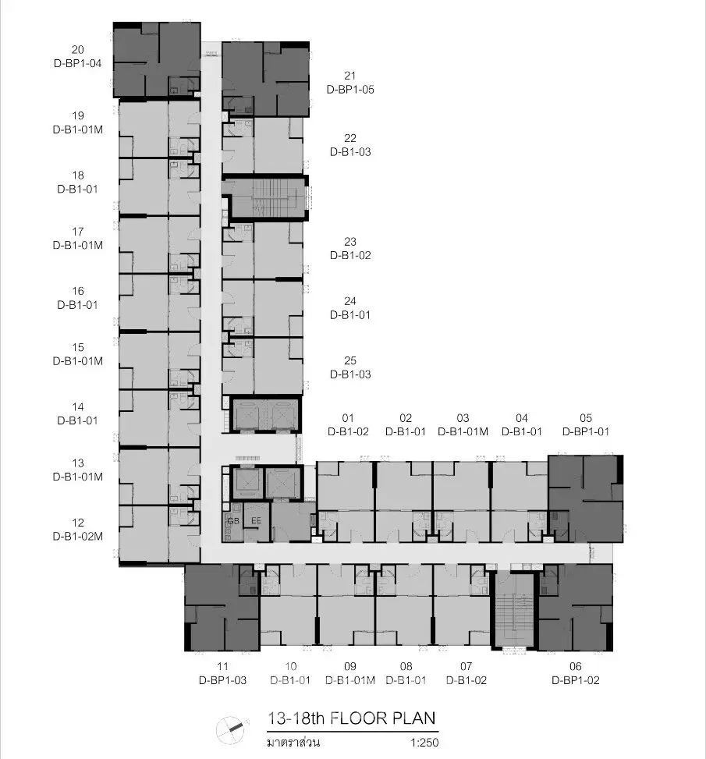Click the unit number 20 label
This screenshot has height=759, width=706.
(x=77, y=50)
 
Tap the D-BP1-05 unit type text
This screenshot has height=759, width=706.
(x=350, y=90)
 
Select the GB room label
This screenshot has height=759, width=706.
(x=233, y=521)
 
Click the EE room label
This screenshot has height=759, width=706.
(x=256, y=520)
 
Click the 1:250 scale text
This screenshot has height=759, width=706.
(x=424, y=743)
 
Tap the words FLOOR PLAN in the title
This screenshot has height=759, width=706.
(x=382, y=718)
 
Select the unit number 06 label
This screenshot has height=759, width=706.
(x=575, y=666)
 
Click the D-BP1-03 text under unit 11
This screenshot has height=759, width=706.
(x=223, y=680)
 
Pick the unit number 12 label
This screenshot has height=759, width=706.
(x=77, y=523)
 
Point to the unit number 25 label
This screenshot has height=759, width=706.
(x=350, y=360)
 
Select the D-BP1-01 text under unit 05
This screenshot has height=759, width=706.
(x=585, y=432)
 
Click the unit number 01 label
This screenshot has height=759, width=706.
(x=348, y=418)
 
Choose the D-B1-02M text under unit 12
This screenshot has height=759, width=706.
(x=77, y=537)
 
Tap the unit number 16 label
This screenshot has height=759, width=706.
(x=77, y=291)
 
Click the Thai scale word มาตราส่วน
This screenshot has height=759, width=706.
(x=293, y=743)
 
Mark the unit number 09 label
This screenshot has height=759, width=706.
(x=350, y=666)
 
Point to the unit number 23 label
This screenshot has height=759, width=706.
(x=350, y=242)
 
